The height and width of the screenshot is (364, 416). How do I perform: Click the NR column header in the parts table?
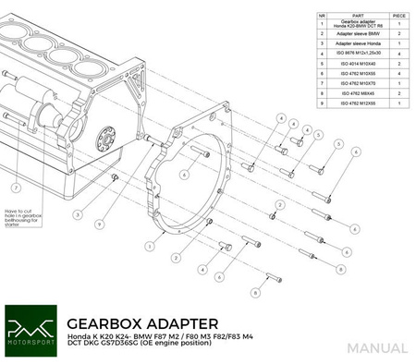(322, 15)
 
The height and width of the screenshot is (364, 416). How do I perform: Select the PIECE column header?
(398, 15)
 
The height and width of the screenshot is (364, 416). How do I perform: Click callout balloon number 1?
(149, 247)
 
